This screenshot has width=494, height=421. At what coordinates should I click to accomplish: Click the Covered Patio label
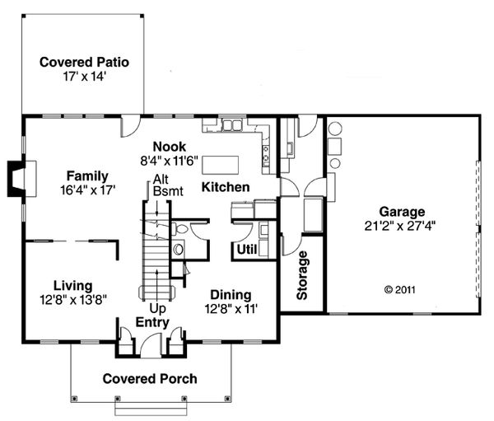click(x=84, y=62)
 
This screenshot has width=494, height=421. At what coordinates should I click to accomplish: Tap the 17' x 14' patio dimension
click(x=84, y=77)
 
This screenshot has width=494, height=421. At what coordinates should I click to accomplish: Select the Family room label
click(x=87, y=176)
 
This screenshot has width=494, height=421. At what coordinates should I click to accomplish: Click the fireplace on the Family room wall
click(x=21, y=179)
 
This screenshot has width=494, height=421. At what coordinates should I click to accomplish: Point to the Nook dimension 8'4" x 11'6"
click(x=169, y=161)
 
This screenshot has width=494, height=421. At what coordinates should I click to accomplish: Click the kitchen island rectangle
click(x=220, y=164)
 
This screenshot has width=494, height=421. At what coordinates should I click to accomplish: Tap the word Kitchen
click(x=226, y=187)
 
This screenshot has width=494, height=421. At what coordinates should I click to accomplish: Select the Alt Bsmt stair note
click(x=168, y=185)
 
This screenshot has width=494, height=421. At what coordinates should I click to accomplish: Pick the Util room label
click(x=247, y=250)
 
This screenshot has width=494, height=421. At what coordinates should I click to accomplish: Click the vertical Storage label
click(x=302, y=275)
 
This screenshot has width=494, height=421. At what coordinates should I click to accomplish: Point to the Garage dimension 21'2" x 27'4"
click(x=400, y=226)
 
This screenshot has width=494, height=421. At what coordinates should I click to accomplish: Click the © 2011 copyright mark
click(x=400, y=289)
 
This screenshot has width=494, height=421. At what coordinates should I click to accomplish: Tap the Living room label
click(x=72, y=286)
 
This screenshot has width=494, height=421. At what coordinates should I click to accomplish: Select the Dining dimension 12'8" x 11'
click(x=231, y=309)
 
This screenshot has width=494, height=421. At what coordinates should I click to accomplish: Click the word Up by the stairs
click(x=157, y=308)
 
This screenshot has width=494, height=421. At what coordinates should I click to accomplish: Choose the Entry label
click(x=152, y=322)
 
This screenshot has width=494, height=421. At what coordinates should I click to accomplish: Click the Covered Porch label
click(x=150, y=379)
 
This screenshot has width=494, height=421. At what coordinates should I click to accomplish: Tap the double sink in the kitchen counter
click(x=232, y=125)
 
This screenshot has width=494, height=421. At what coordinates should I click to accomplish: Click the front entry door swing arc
click(x=148, y=338)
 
